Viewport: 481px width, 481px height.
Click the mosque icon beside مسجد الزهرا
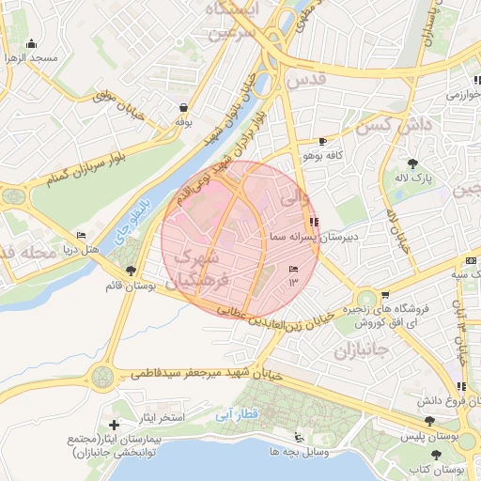(32, 43)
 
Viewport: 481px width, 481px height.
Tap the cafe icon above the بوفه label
(181, 107)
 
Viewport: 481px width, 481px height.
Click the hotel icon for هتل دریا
(81, 236)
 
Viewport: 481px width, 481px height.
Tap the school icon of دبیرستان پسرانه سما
(313, 222)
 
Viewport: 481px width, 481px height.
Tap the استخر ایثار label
(163, 416)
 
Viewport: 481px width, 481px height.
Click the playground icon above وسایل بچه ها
(300, 437)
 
